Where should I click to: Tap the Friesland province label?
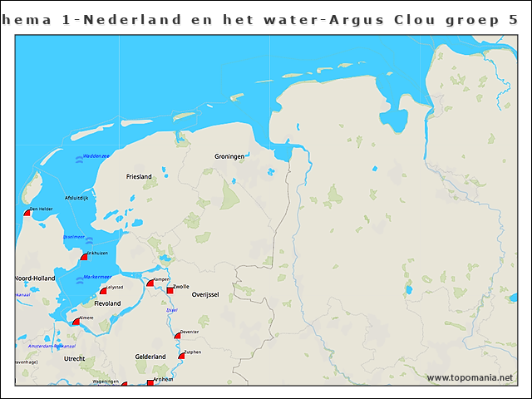pos(139,177)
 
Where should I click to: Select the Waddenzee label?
pos(96,155)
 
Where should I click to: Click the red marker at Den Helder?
pos(27,213)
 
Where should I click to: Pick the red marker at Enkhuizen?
pos(83,257)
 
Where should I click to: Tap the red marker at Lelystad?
pos(104,290)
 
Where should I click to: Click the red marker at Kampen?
pos(150,283)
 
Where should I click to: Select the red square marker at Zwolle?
pos(170,290)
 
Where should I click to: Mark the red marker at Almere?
pos(76,322)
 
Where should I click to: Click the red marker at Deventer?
pos(177,336)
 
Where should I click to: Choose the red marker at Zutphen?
pos(181,357)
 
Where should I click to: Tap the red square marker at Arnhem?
pos(150,382)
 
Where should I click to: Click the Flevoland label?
pos(107,304)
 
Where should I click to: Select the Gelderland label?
pos(150,357)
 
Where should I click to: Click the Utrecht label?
pos(74,359)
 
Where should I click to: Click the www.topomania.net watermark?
pos(470,378)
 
